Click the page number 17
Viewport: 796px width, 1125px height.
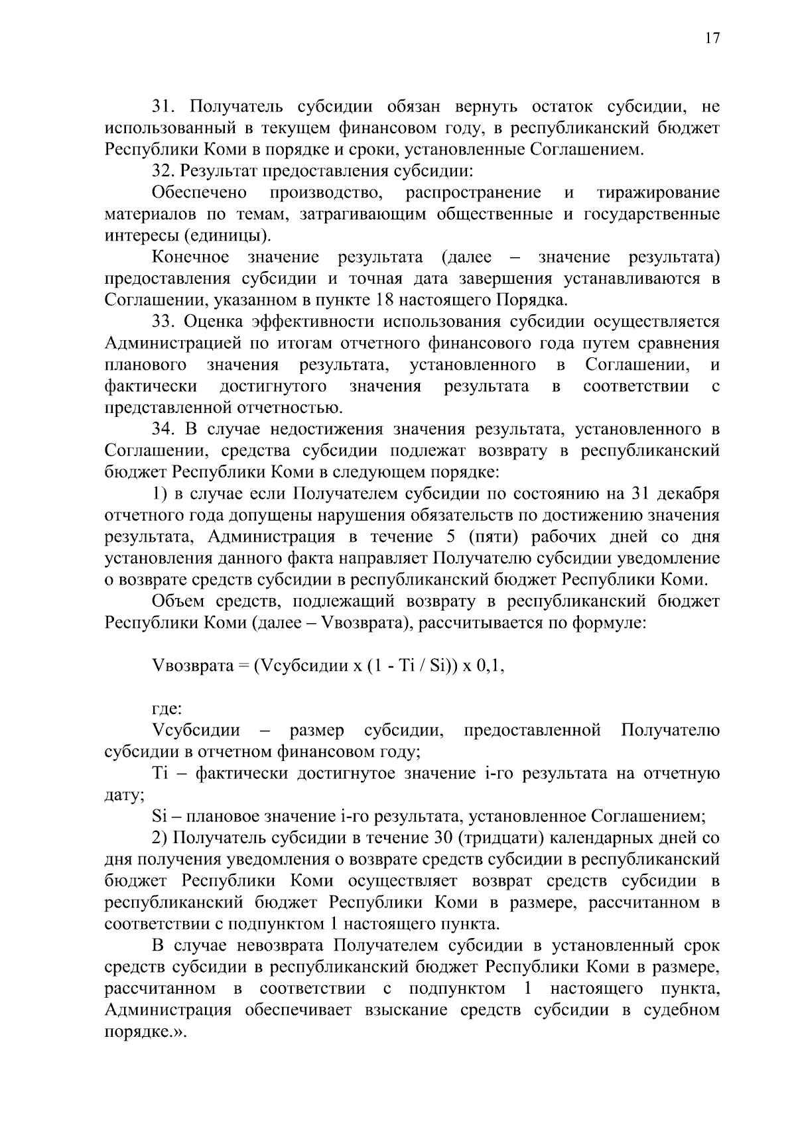(711, 38)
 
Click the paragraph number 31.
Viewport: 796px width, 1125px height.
(163, 106)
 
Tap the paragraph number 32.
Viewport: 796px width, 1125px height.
(163, 171)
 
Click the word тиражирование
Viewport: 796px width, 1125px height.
(658, 193)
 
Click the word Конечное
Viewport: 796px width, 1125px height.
(191, 257)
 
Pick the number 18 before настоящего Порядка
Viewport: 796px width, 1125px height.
(386, 300)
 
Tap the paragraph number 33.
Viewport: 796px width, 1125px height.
(163, 322)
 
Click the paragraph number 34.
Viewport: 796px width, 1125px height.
(163, 429)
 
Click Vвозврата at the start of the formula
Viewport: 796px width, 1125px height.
(192, 666)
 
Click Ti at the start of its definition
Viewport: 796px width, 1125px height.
(160, 774)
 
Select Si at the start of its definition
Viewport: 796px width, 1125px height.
(159, 816)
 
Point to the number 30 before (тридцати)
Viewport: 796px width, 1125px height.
(442, 838)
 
